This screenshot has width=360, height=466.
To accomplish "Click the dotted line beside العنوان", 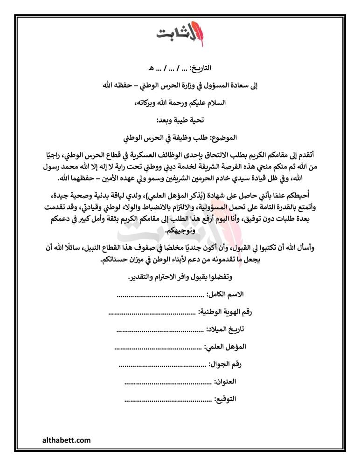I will pos(168,382).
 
